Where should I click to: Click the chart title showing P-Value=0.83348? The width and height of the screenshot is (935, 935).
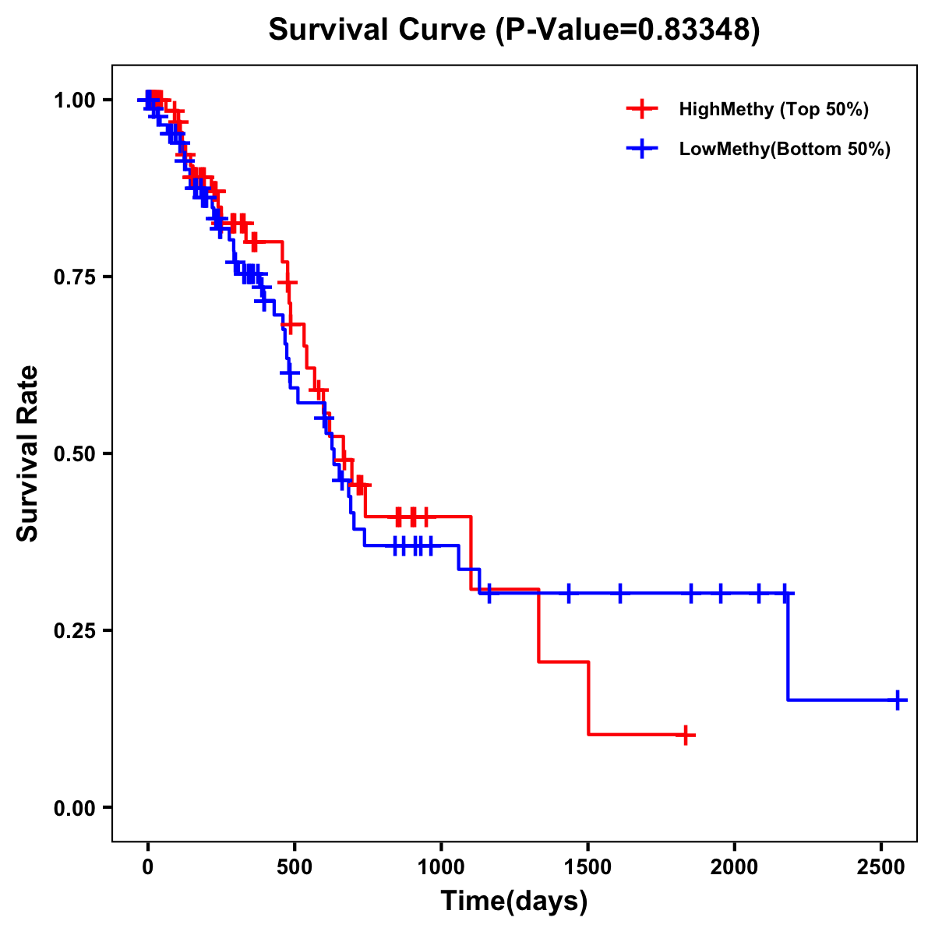(x=513, y=30)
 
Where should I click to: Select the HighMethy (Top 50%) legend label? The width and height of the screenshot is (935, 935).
(x=774, y=109)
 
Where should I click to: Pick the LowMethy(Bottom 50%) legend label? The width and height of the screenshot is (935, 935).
(x=785, y=149)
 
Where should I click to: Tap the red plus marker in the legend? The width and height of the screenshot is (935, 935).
(x=640, y=109)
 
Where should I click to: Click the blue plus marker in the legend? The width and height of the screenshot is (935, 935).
(x=640, y=149)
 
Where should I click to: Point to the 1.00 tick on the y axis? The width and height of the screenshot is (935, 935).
(x=73, y=100)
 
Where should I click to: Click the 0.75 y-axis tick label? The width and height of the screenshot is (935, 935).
(x=73, y=277)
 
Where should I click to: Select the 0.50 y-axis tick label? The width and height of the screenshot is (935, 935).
(x=73, y=453)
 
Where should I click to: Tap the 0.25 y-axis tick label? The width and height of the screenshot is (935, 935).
(x=73, y=630)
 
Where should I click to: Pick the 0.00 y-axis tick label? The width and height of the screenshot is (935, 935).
(x=73, y=807)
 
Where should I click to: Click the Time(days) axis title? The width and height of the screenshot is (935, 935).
(x=514, y=901)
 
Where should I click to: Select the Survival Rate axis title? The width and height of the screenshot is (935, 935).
(x=28, y=453)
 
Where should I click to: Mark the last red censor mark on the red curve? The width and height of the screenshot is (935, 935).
(x=685, y=735)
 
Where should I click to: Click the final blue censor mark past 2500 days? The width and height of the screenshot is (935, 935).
(x=898, y=700)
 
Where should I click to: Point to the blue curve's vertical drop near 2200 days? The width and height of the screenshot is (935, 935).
(x=788, y=647)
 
